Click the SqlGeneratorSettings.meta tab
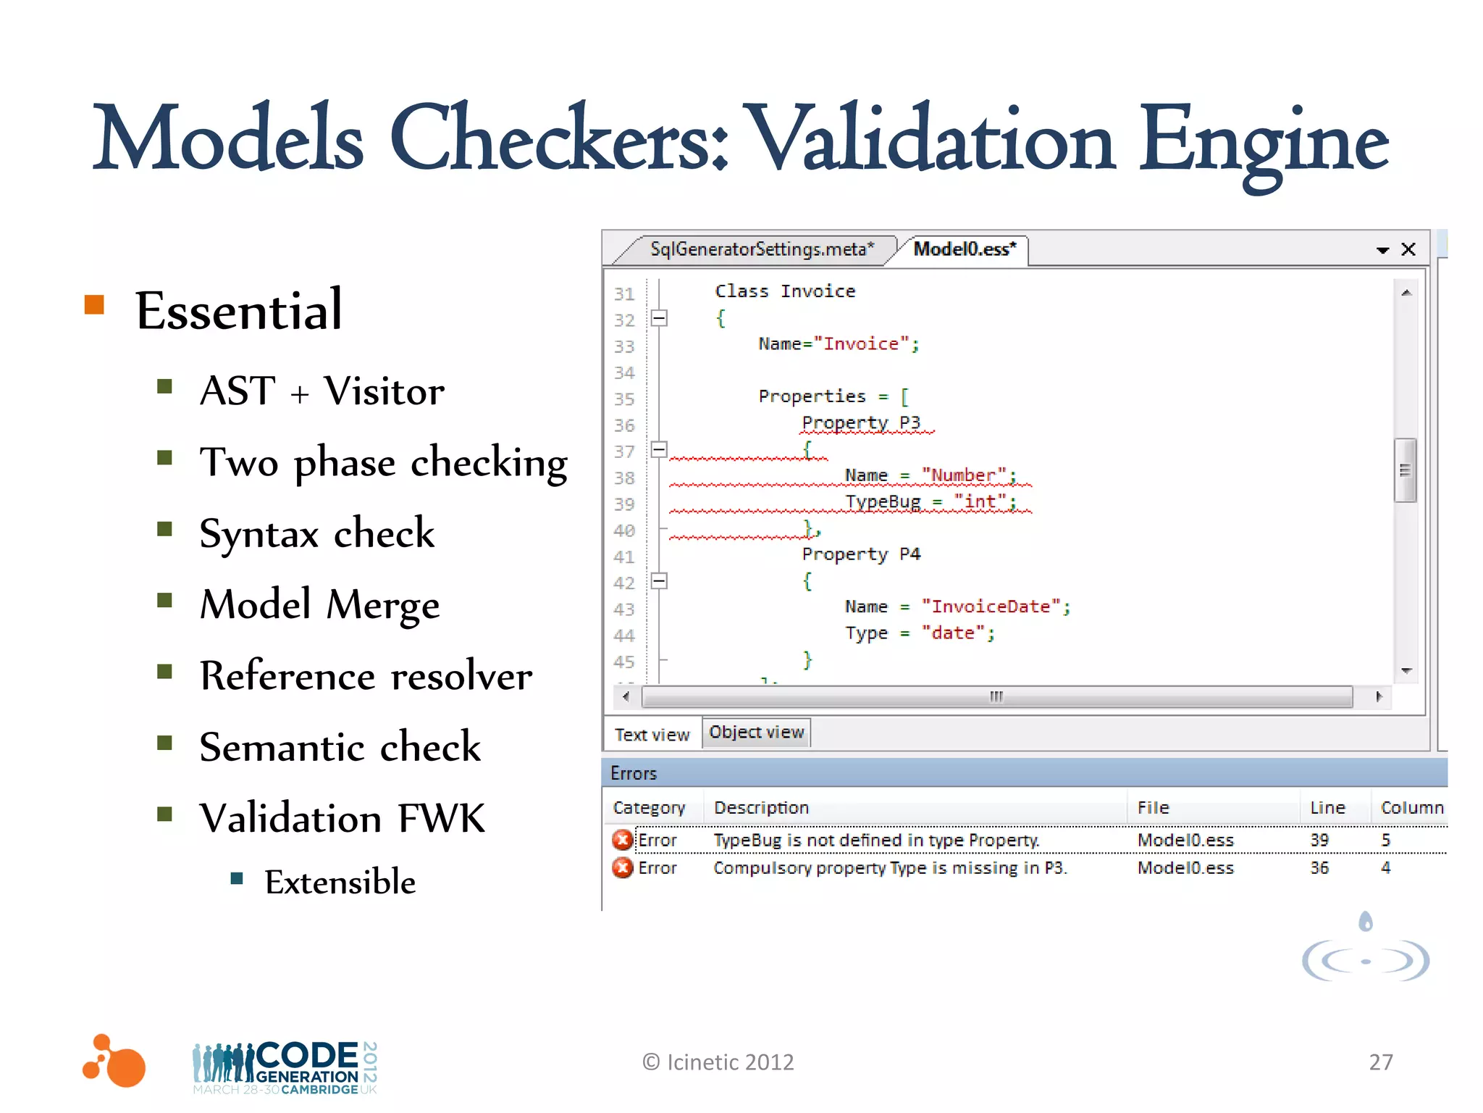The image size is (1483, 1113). coord(761,249)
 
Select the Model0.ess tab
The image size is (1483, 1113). coord(964,249)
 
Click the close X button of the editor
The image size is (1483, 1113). coord(1408,249)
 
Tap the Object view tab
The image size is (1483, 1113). coord(756,732)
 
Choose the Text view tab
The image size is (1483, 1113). coord(652,734)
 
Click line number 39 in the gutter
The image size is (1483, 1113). coord(624,504)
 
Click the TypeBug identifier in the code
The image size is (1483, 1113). coord(883,501)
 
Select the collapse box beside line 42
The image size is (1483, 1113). coord(658,581)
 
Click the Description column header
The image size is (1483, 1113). coord(761,807)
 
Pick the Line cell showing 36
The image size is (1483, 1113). coord(1319,867)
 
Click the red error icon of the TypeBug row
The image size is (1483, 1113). coord(622,840)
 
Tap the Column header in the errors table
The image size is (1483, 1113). coord(1411,807)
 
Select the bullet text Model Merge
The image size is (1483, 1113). coord(319,604)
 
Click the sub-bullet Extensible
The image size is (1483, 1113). coord(340,882)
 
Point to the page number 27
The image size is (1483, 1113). coord(1380,1062)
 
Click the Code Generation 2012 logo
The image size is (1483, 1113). coord(285,1067)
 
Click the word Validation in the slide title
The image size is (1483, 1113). coord(930,139)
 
